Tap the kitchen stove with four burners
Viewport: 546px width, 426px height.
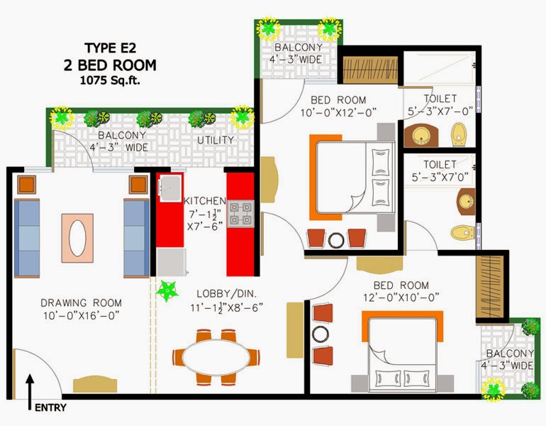[240, 214]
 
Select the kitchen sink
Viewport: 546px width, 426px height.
[170, 188]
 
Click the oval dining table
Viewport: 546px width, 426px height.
[216, 357]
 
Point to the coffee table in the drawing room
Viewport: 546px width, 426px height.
[77, 238]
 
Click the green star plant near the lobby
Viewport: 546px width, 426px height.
[167, 290]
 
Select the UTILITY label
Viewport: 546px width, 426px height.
[216, 140]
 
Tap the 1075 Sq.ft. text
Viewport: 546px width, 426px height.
[110, 80]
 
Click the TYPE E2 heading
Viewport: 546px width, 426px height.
[111, 48]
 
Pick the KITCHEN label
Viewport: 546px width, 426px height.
[205, 201]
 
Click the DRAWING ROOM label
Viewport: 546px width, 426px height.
[81, 302]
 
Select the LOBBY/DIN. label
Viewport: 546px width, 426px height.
[226, 293]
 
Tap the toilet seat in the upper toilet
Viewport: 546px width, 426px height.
[459, 135]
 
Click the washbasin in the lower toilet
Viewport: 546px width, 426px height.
[467, 202]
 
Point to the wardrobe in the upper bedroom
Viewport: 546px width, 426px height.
[370, 70]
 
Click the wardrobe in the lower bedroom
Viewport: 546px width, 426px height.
[490, 287]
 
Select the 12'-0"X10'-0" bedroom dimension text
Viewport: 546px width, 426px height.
[401, 297]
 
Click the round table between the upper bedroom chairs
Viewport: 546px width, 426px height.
[336, 240]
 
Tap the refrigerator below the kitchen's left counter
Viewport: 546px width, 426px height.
[171, 262]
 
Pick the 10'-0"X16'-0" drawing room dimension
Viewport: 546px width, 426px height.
[81, 315]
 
